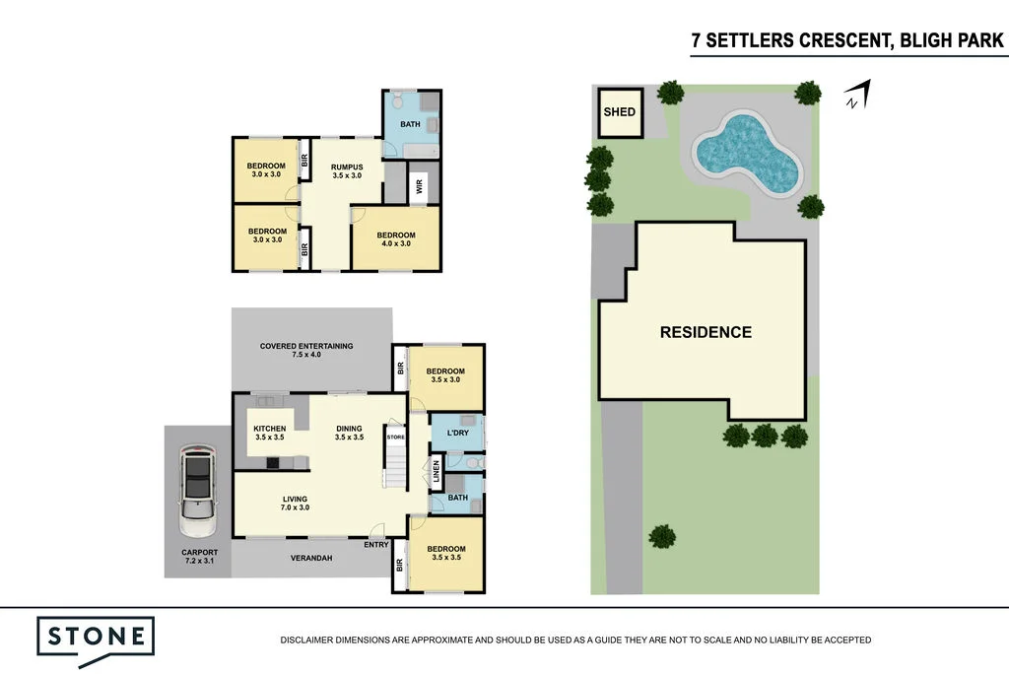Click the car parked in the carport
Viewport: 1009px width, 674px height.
[198, 489]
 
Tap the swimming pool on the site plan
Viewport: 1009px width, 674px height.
[746, 154]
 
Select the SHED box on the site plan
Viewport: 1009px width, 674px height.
[620, 112]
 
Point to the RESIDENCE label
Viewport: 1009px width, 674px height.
[706, 333]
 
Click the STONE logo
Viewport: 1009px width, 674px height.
[96, 637]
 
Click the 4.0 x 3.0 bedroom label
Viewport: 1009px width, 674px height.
[395, 240]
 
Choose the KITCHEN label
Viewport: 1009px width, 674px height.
[269, 433]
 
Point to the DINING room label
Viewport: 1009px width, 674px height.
[350, 433]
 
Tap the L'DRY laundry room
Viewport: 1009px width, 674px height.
[457, 434]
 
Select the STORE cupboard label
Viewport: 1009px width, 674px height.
[395, 437]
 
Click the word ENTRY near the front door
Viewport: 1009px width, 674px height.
[375, 545]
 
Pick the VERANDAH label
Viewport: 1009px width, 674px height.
[310, 558]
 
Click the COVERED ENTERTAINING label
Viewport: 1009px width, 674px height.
[306, 350]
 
